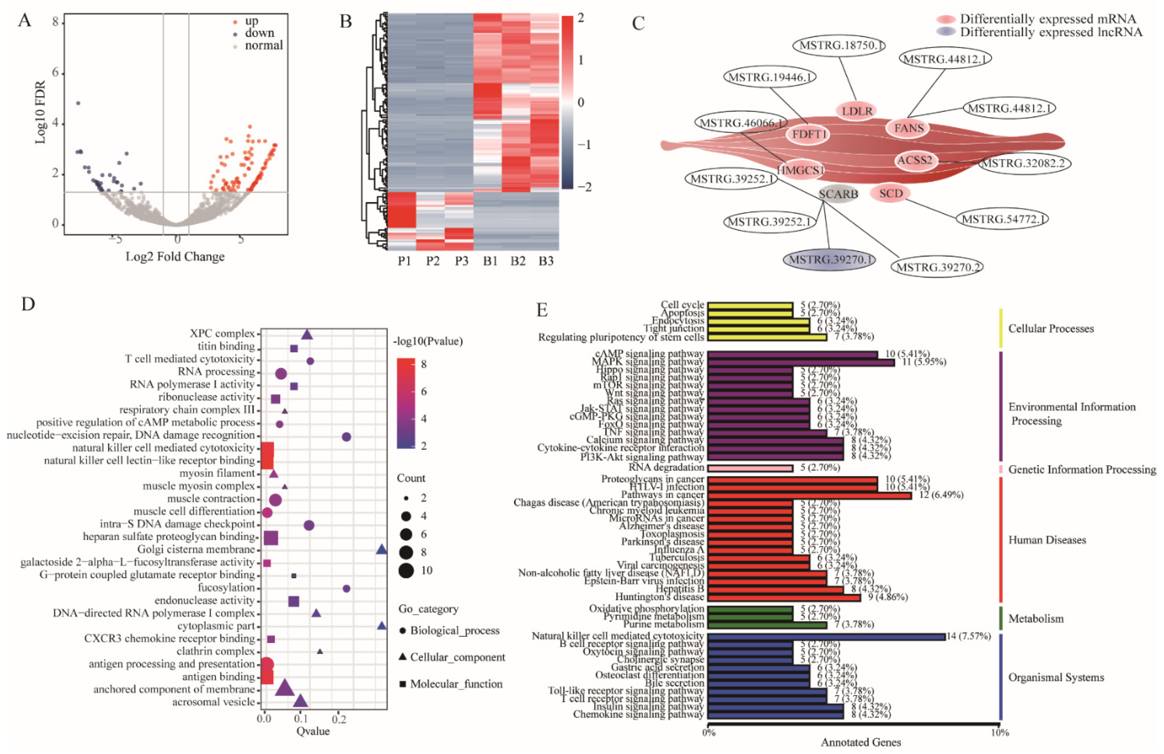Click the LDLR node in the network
click(857, 111)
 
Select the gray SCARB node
click(838, 194)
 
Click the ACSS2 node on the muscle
click(915, 160)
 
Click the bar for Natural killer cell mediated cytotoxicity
click(826, 636)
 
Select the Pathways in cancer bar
click(810, 495)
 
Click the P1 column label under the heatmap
click(404, 261)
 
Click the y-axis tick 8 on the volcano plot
click(55, 22)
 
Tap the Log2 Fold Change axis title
click(175, 257)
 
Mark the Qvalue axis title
click(313, 731)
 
